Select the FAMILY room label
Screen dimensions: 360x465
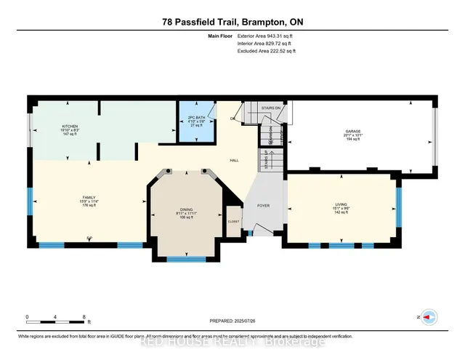pos(88,197)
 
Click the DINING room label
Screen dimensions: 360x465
pos(186,209)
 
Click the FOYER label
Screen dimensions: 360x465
pos(263,206)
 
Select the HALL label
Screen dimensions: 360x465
pos(234,160)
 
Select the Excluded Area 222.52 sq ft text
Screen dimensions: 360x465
pos(267,51)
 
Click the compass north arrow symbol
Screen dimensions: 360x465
pos(430,317)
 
